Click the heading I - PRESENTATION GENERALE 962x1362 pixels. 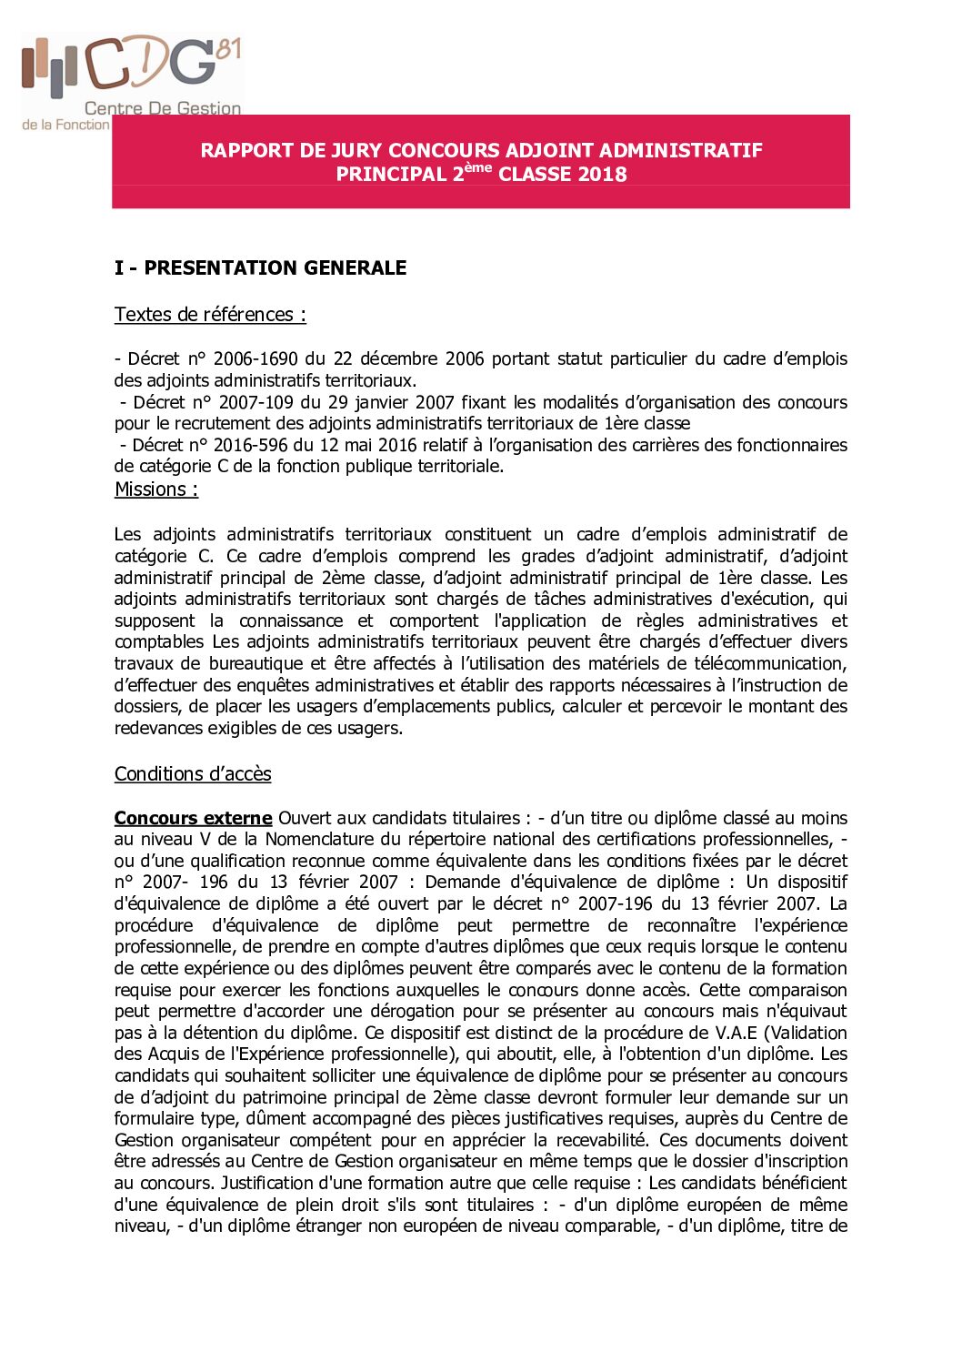coord(260,267)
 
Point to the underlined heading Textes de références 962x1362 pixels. coord(209,315)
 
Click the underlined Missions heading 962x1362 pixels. coord(155,489)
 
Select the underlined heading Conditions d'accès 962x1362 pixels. coord(193,774)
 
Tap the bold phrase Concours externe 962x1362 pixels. coord(193,818)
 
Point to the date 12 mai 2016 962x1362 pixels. coord(413,445)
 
